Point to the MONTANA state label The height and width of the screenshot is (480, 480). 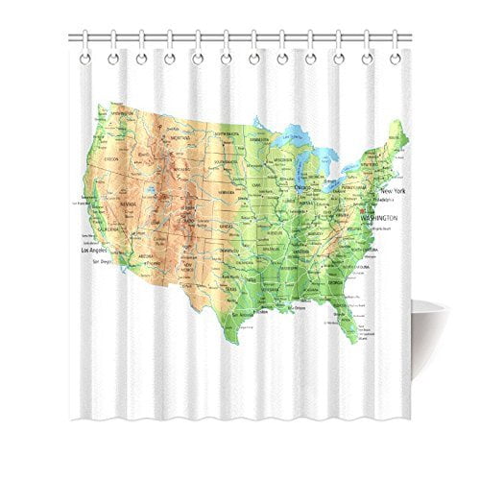pyautogui.click(x=180, y=139)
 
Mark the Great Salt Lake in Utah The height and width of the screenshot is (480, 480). pyautogui.click(x=154, y=189)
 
